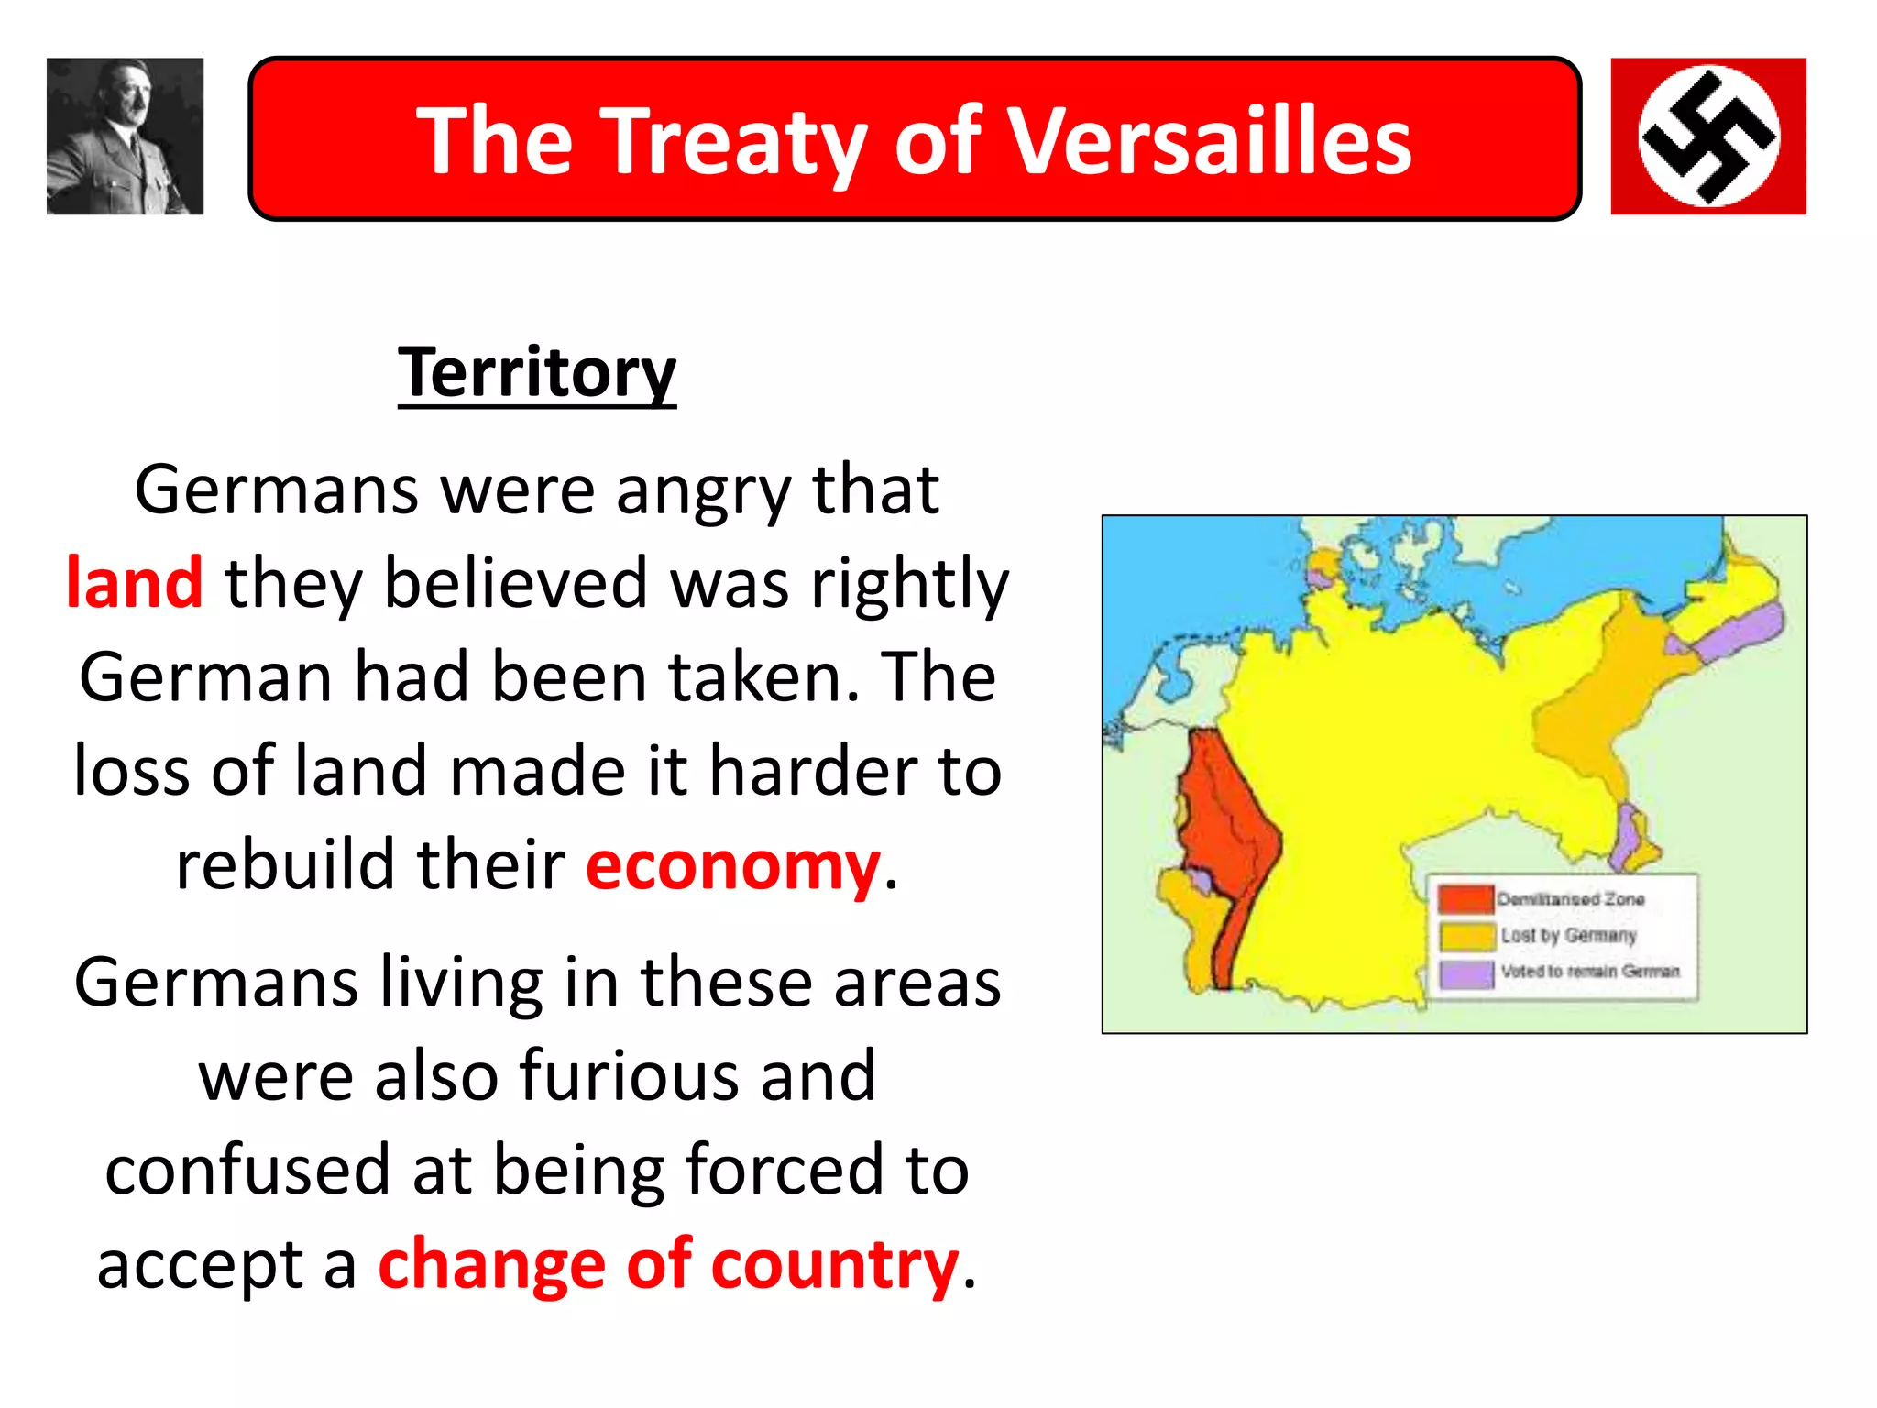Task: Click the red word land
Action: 135,583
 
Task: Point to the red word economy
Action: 732,866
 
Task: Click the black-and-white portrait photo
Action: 125,137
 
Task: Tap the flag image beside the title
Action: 1708,137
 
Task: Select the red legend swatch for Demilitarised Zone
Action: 1465,898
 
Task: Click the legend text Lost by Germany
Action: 1568,935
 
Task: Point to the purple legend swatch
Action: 1465,973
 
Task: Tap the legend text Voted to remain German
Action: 1590,971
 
